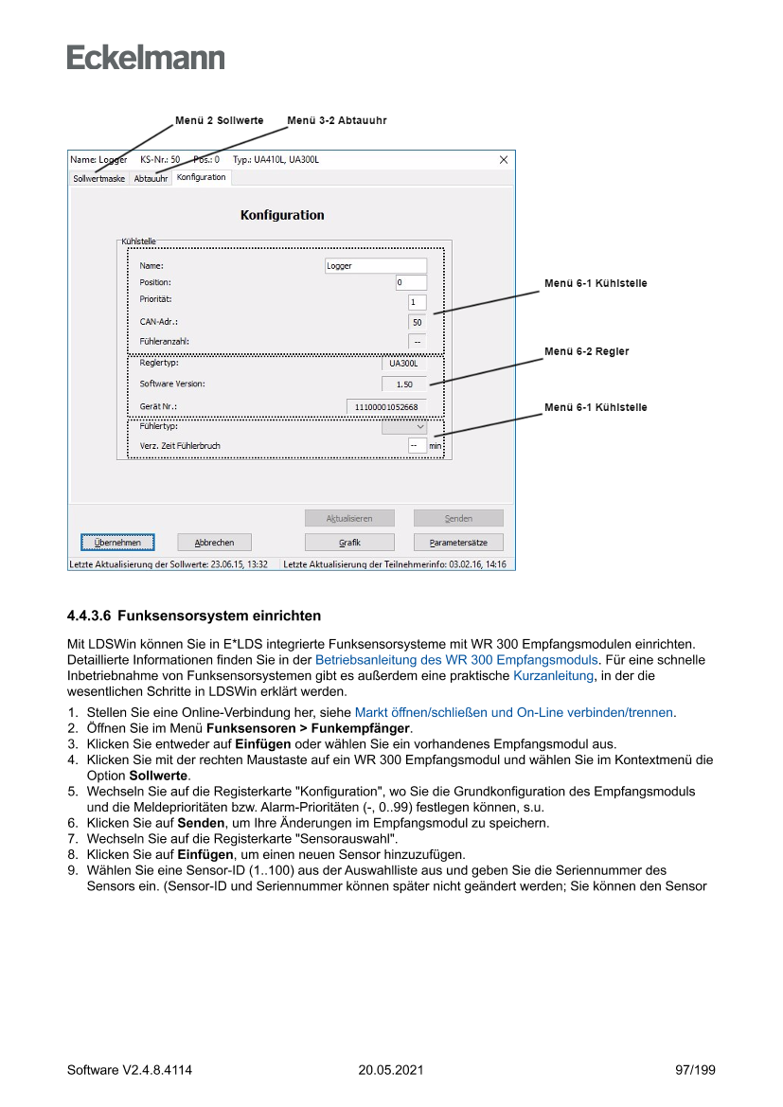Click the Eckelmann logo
point(146,57)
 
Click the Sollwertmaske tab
point(99,178)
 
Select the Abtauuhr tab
point(151,178)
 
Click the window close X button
point(504,160)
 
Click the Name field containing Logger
point(376,266)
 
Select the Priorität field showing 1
point(417,302)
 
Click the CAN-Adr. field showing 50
point(417,322)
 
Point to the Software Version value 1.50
point(404,384)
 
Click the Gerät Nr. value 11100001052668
point(386,406)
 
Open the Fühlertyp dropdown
point(404,427)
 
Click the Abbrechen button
point(214,543)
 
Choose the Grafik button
point(349,543)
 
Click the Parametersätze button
point(458,543)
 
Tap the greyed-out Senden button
point(458,518)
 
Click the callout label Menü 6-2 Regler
point(586,351)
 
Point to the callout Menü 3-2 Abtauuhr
point(336,121)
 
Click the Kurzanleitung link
point(553,675)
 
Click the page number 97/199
point(695,1070)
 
